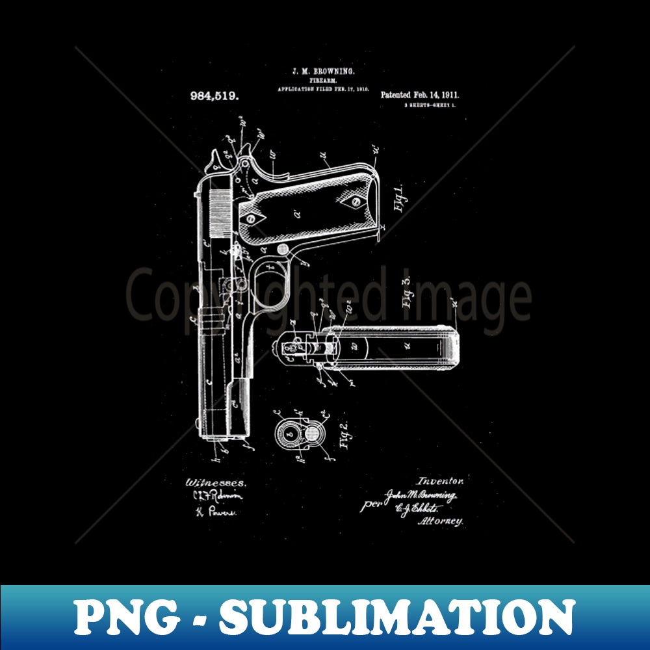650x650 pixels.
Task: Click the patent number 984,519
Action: pyautogui.click(x=214, y=95)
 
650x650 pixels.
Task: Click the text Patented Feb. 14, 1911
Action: pyautogui.click(x=419, y=94)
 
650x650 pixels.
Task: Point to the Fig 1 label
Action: pyautogui.click(x=398, y=198)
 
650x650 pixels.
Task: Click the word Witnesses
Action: pyautogui.click(x=216, y=483)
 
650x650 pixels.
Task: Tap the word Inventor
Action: pyautogui.click(x=440, y=481)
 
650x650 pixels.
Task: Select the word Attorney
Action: pyautogui.click(x=441, y=521)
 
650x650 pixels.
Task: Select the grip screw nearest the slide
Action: pyautogui.click(x=252, y=219)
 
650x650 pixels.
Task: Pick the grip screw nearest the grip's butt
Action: pyautogui.click(x=356, y=201)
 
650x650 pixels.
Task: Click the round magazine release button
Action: pyautogui.click(x=284, y=249)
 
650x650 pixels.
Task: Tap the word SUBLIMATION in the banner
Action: pyautogui.click(x=397, y=617)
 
